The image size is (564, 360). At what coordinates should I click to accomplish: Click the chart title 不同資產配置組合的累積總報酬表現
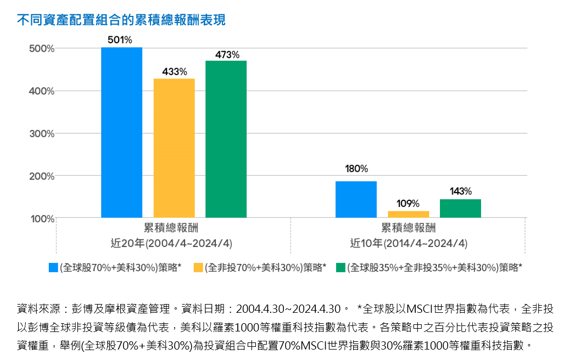click(121, 20)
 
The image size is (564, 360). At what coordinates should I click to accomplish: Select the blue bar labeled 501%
click(121, 132)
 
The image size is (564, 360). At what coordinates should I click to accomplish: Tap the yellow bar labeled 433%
click(174, 148)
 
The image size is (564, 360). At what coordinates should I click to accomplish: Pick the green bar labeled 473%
click(226, 139)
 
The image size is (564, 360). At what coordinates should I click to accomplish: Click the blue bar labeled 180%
click(356, 199)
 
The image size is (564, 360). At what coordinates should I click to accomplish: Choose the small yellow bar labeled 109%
click(408, 214)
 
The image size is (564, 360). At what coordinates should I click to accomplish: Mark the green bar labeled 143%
click(460, 208)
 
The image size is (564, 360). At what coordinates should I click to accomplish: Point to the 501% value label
click(120, 40)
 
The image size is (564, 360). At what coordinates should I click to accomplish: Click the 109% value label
click(408, 204)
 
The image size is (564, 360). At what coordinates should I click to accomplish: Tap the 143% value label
click(460, 191)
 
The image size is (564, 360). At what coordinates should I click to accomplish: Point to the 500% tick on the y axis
click(42, 48)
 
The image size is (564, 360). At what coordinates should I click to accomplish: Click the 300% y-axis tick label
click(42, 133)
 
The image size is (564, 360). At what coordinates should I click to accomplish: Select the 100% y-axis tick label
click(42, 218)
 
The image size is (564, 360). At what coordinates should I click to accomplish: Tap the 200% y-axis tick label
click(42, 176)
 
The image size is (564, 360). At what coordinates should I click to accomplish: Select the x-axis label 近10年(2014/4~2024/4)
click(409, 243)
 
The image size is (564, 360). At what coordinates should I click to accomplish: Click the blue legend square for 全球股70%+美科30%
click(53, 267)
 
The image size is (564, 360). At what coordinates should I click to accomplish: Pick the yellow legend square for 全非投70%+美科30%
click(198, 267)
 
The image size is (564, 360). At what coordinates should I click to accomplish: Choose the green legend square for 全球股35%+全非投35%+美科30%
click(340, 267)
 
